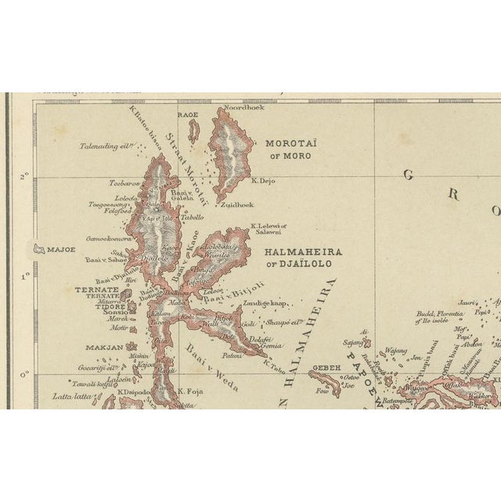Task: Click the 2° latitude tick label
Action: click(x=24, y=175)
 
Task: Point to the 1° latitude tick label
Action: click(x=24, y=275)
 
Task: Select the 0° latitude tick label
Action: click(x=24, y=373)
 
